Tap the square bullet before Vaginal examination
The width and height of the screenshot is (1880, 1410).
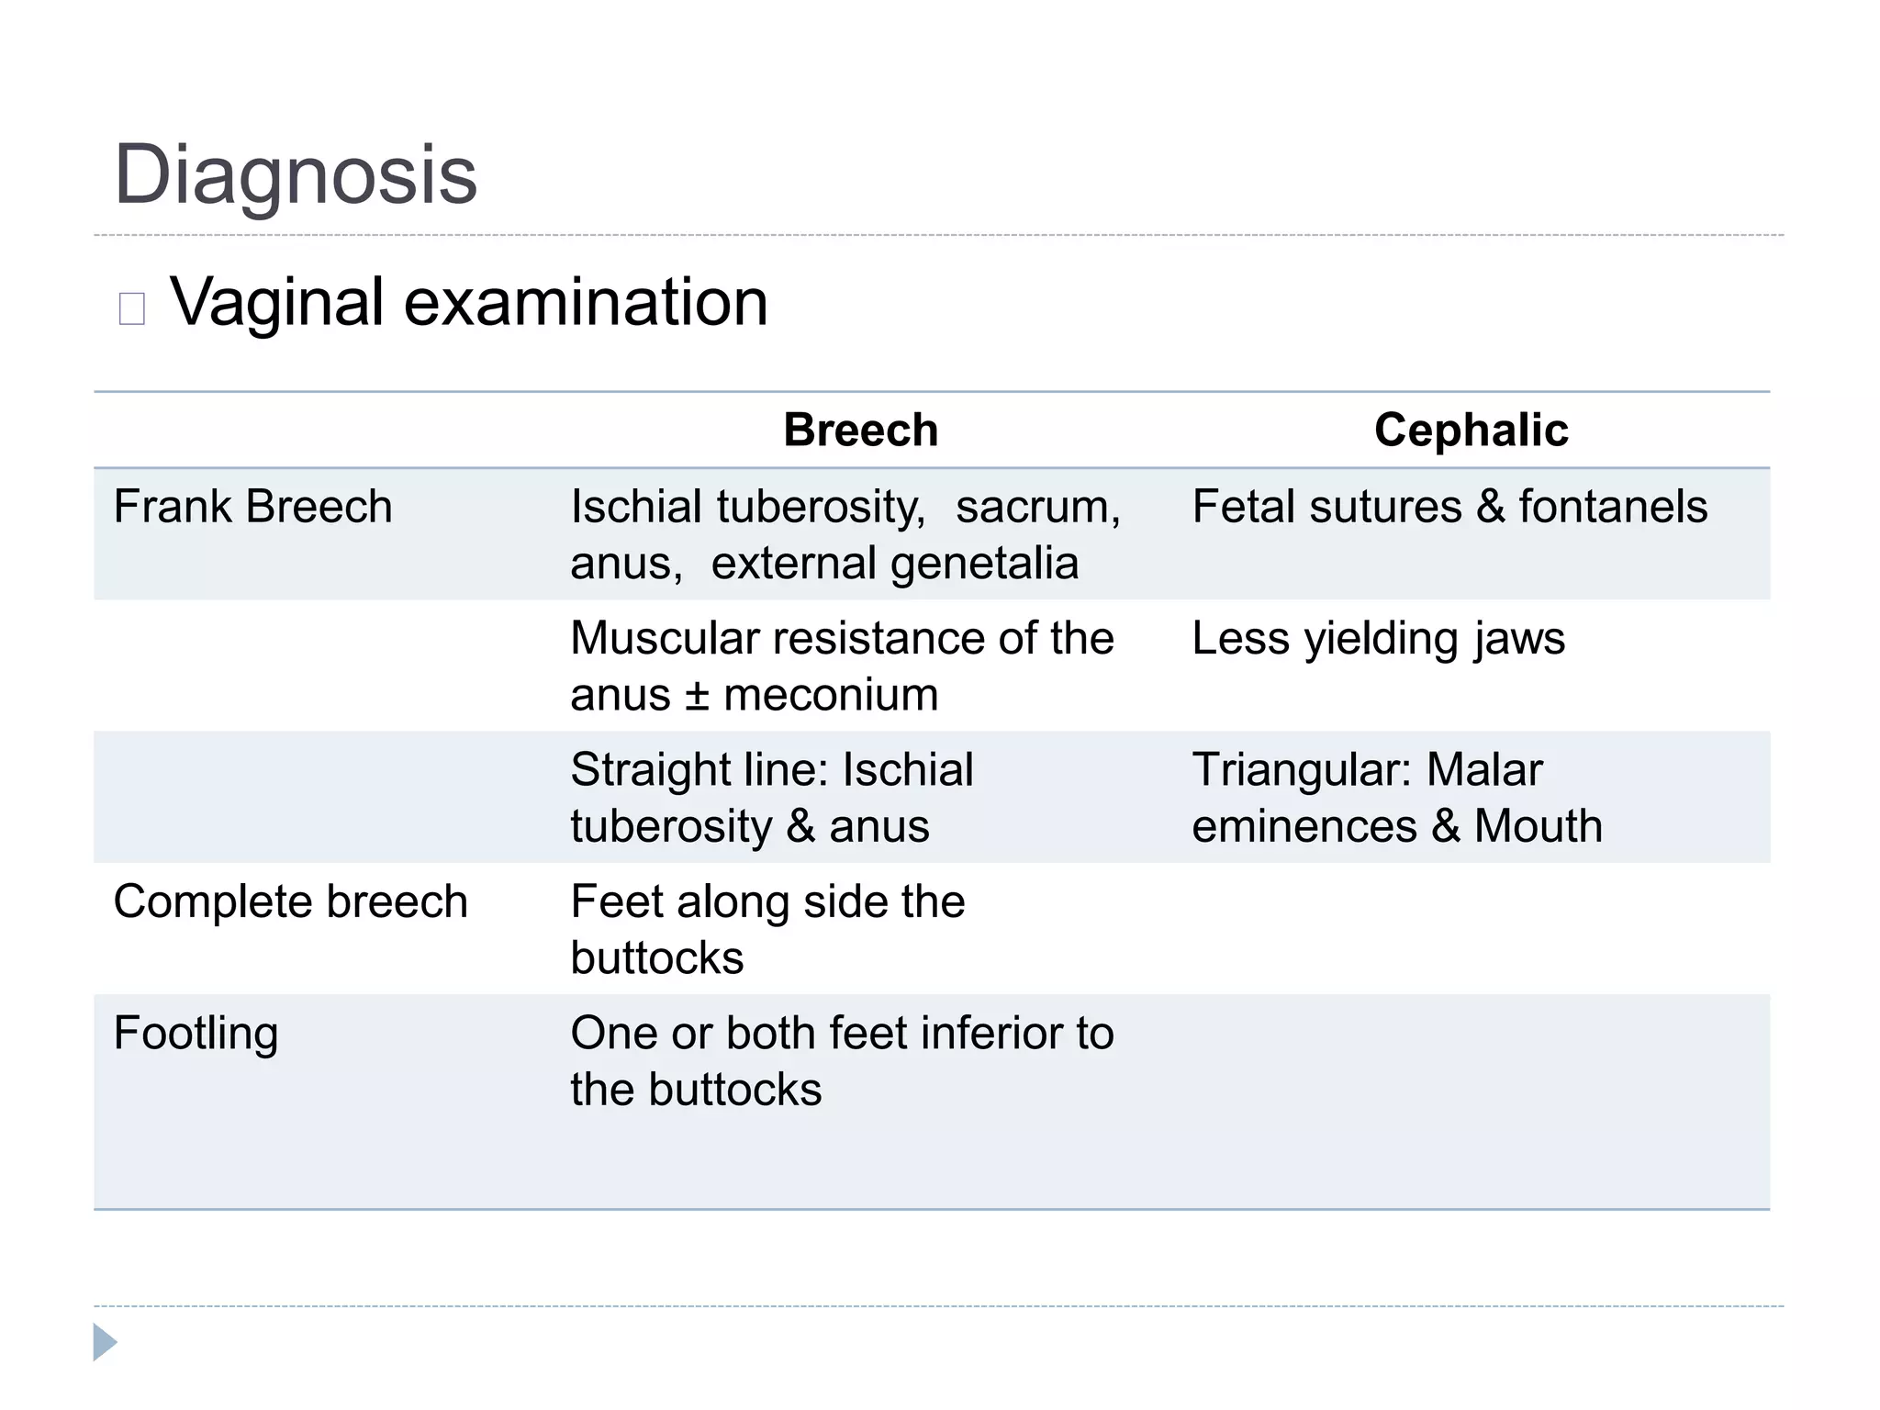click(x=132, y=308)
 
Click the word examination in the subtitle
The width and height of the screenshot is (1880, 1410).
click(x=585, y=302)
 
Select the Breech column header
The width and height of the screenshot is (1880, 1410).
click(x=860, y=430)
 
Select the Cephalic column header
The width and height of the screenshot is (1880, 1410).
click(x=1471, y=430)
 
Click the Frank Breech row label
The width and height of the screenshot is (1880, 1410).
click(x=252, y=507)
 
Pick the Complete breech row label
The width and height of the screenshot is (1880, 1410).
click(x=290, y=901)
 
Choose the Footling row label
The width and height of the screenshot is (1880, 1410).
click(x=196, y=1034)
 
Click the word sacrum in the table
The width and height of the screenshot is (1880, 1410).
click(x=1037, y=507)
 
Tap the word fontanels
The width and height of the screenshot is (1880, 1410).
click(x=1613, y=507)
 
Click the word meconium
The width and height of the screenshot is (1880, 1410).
click(x=831, y=695)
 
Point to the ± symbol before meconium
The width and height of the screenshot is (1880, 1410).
click(x=698, y=696)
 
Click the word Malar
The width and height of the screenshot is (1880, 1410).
click(x=1483, y=769)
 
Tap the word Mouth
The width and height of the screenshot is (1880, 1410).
click(x=1538, y=826)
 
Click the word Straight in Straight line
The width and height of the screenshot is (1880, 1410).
click(x=654, y=770)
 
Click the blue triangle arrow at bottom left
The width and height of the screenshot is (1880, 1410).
click(x=105, y=1342)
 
